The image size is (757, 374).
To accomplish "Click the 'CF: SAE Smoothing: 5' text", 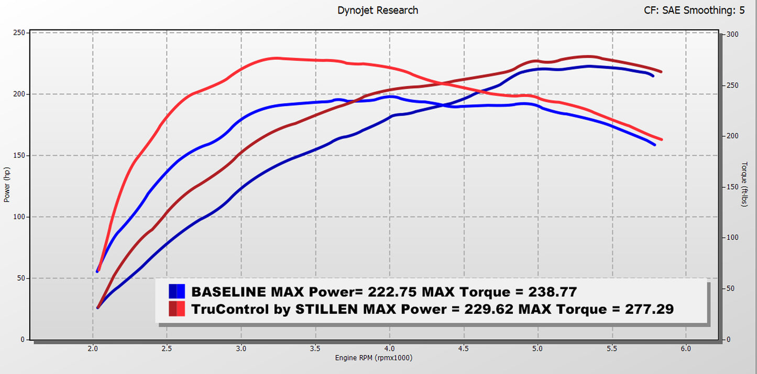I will click(x=694, y=10).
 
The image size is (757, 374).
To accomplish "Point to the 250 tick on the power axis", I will click(x=19, y=33).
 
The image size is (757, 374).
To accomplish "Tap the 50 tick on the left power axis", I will click(x=20, y=278).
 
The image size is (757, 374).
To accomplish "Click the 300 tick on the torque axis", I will click(x=732, y=35).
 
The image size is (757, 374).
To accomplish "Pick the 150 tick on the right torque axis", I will click(x=732, y=187).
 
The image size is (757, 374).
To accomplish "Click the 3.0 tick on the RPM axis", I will click(x=241, y=348).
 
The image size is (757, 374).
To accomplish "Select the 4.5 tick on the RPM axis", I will click(x=463, y=348).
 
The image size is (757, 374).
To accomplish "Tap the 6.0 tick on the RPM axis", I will click(x=686, y=348).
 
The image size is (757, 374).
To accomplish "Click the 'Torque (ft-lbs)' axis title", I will click(x=744, y=184).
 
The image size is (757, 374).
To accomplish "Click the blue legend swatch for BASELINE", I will click(x=177, y=291).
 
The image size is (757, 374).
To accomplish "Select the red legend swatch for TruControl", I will click(x=177, y=309).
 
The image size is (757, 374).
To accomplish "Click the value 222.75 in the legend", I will click(x=392, y=292).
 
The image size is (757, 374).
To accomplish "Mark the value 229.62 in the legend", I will click(x=489, y=309).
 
